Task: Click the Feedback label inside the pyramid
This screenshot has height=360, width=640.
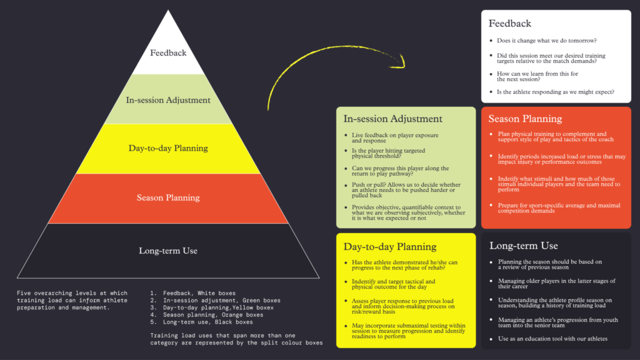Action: coord(168,53)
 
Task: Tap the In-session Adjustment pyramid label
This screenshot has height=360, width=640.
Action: coord(168,100)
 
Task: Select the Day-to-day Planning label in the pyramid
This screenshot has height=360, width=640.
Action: coord(168,148)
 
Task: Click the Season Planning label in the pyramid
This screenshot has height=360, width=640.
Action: coord(168,197)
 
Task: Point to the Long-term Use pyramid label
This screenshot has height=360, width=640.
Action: coord(168,251)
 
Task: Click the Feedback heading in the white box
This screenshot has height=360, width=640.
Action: coord(510,24)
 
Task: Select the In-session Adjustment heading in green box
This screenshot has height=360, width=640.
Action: coord(392,119)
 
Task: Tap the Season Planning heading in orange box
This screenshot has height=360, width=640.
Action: coord(525,119)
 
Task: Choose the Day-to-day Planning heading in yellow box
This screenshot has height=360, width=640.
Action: coord(390,246)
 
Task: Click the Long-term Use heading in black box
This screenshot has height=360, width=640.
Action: coord(524,246)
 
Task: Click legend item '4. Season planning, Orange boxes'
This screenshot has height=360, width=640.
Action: coord(206,315)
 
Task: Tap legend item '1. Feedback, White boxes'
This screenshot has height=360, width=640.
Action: coord(192,293)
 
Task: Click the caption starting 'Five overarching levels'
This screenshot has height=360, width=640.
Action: coord(72,300)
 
